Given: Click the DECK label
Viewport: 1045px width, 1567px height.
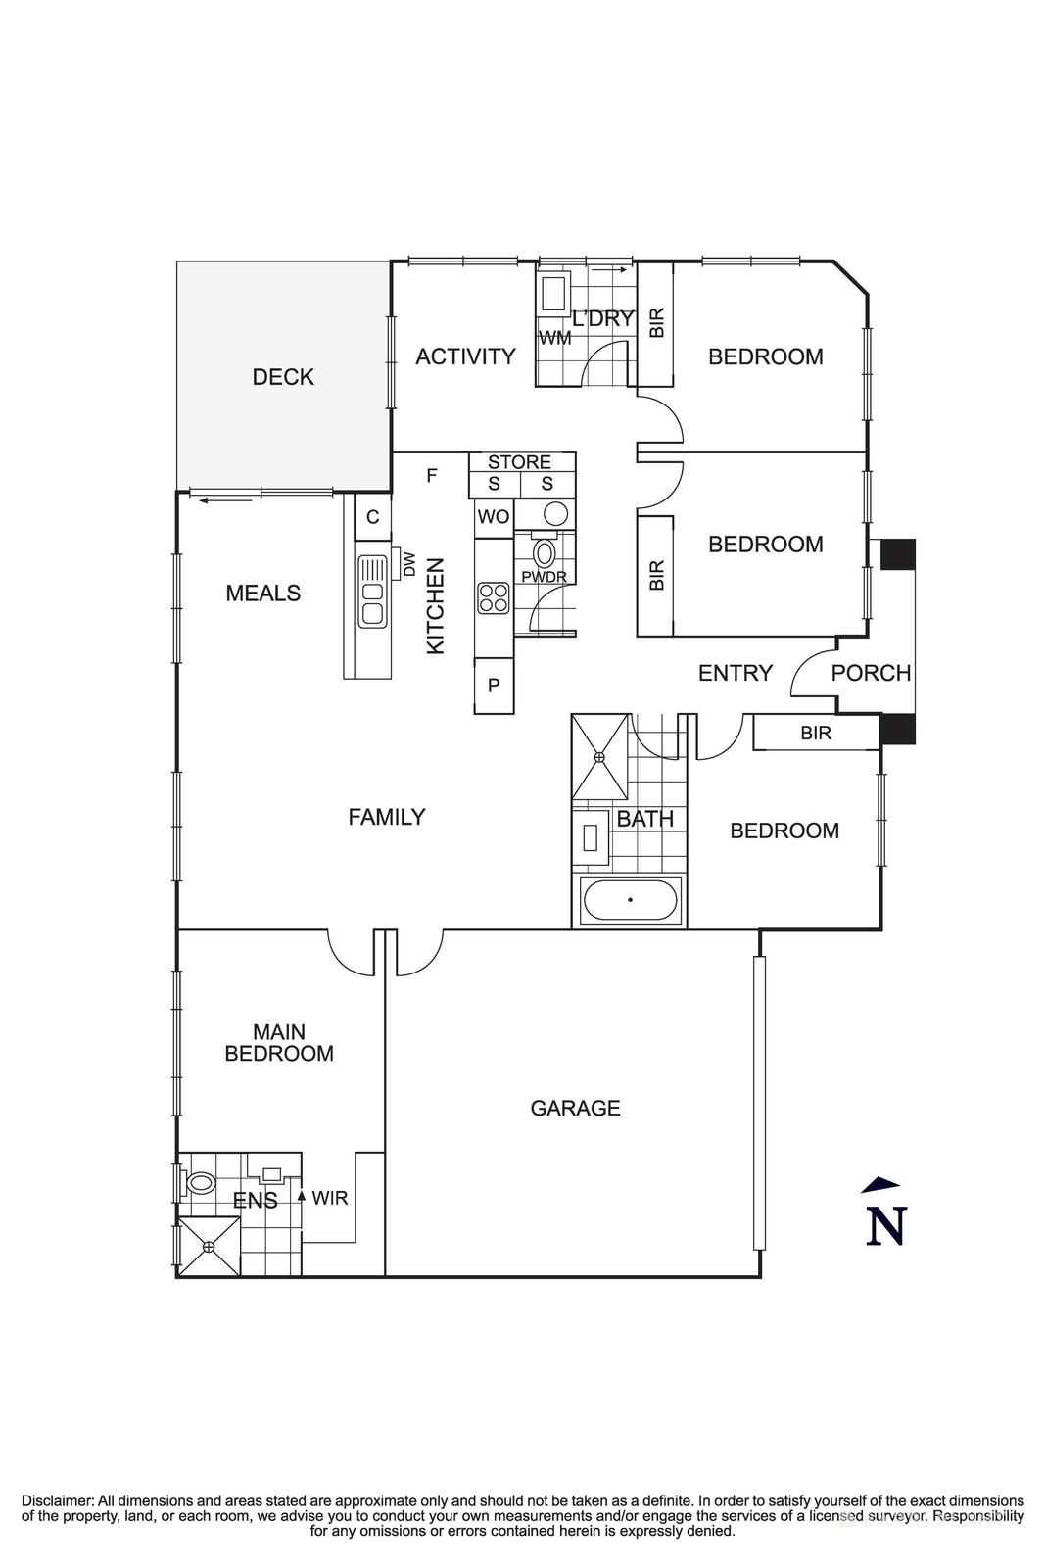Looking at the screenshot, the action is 283,377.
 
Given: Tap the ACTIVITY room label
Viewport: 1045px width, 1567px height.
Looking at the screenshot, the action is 465,356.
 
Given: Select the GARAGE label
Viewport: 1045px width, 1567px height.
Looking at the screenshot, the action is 575,1108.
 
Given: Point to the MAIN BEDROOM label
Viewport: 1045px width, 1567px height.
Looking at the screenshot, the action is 279,1042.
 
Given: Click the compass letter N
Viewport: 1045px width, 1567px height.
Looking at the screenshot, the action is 885,1225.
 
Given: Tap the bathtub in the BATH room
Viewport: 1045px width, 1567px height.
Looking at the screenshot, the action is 630,900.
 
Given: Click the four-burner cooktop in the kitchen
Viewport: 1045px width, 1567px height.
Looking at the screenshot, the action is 494,598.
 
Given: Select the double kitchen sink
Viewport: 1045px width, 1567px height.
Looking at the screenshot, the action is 372,592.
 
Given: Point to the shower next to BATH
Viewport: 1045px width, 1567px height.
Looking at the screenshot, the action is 600,756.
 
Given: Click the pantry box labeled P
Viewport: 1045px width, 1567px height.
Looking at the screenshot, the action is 494,686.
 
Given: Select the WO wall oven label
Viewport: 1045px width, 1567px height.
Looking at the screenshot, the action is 494,517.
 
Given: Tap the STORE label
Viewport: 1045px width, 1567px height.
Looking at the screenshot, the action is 519,461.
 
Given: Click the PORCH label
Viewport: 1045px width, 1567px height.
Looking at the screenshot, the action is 871,673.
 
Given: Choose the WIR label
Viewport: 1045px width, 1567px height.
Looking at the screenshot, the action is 329,1198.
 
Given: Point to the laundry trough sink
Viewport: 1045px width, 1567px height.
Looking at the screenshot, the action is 555,294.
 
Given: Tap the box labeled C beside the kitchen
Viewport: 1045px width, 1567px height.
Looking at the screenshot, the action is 373,517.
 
